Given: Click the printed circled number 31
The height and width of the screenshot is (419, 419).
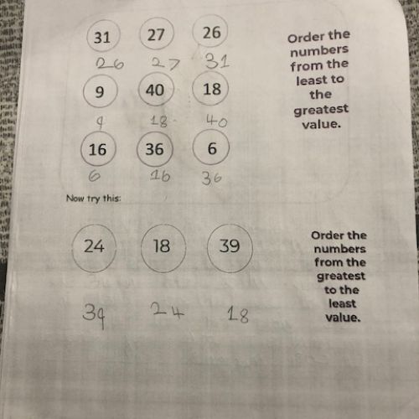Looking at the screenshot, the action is coord(102,38).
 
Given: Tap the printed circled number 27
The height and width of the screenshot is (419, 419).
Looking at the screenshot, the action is coord(156,34).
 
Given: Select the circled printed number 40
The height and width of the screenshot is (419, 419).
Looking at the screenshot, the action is coord(155,90).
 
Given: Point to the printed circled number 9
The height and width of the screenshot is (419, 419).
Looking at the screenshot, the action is coord(100,91).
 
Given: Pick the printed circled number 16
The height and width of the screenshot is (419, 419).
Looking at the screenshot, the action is coord(97,149).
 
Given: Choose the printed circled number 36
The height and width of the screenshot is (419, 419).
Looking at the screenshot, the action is coord(154,149).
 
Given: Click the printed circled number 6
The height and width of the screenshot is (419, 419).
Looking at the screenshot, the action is coord(212,148).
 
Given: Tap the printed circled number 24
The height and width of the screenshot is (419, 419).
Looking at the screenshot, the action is coord(94,246).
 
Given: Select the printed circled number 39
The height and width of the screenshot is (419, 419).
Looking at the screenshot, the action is coord(230,246).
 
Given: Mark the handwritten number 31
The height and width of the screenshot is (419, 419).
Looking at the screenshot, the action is coord(217,61).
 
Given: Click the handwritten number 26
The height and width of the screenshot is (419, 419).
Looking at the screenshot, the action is coord(110,64).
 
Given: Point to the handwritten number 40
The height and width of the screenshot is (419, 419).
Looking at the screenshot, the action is coord(217,122).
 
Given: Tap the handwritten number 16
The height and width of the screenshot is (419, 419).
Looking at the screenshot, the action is coord(160,176).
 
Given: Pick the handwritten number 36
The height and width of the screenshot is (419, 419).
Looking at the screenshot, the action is coord(212,178).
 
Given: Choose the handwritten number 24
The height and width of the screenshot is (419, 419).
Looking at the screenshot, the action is coord(168,310).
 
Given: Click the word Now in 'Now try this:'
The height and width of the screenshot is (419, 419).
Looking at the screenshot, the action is coord(75,199).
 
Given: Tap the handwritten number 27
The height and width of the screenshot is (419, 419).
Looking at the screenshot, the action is coord(165,64).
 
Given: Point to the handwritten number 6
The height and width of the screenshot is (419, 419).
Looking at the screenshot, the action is coord(95,177).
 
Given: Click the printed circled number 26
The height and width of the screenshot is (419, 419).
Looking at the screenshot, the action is coord(212,33).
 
